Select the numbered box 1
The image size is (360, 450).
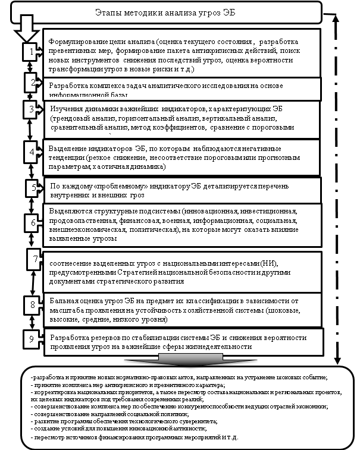pos(32,53)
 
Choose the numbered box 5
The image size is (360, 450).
pos(33,188)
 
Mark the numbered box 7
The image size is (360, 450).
pos(36,260)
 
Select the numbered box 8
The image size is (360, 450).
pos(34,306)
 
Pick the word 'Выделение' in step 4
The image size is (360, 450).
pos(65,148)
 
